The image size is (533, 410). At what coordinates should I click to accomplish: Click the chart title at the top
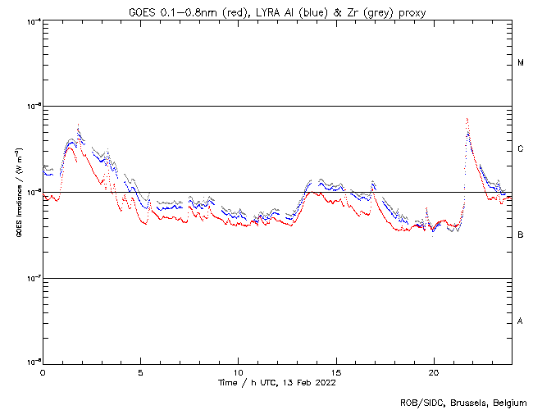pyautogui.click(x=276, y=11)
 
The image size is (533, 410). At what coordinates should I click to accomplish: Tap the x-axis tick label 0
pyautogui.click(x=43, y=371)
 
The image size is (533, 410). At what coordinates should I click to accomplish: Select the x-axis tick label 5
pyautogui.click(x=140, y=371)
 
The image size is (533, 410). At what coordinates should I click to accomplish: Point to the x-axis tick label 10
pyautogui.click(x=238, y=371)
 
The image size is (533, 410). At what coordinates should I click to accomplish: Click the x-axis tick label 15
pyautogui.click(x=335, y=371)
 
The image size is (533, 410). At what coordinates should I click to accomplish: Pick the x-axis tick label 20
pyautogui.click(x=433, y=371)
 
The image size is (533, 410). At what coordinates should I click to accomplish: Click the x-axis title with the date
pyautogui.click(x=276, y=382)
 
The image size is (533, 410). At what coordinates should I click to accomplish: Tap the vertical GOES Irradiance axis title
pyautogui.click(x=18, y=191)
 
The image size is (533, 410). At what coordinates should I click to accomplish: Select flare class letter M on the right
pyautogui.click(x=521, y=63)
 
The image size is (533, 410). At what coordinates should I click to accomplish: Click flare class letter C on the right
pyautogui.click(x=521, y=149)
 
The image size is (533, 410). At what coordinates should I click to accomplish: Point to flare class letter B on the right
pyautogui.click(x=521, y=235)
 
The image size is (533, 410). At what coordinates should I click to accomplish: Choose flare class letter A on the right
pyautogui.click(x=521, y=321)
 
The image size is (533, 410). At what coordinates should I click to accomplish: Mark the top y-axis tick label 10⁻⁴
pyautogui.click(x=34, y=20)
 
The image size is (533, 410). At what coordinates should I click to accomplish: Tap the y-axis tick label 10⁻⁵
pyautogui.click(x=34, y=106)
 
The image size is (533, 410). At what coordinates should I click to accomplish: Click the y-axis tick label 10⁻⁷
pyautogui.click(x=34, y=278)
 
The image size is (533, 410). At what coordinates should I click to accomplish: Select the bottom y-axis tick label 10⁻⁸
pyautogui.click(x=34, y=362)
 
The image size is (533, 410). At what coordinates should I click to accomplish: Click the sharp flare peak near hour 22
pyautogui.click(x=467, y=120)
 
